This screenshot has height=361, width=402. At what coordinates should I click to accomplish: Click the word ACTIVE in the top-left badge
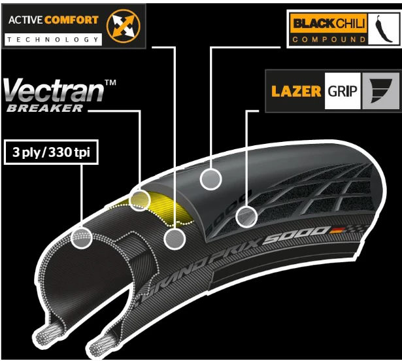coord(24,20)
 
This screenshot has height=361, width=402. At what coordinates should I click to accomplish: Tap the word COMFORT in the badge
coord(71,20)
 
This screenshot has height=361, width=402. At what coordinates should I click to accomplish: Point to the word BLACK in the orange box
coord(312,25)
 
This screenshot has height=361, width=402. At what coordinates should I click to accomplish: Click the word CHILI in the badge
coord(350,25)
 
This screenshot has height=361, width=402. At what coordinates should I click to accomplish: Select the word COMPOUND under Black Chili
coord(329,39)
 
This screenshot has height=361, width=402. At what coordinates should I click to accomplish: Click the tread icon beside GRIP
coord(380,90)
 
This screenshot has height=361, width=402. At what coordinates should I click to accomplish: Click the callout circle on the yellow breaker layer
coord(140,200)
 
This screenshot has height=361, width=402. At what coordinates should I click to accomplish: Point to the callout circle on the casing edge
coord(82,238)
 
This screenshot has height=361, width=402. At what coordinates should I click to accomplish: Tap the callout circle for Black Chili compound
coord(210,178)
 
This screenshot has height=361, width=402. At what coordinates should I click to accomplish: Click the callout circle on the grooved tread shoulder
coord(246,216)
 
